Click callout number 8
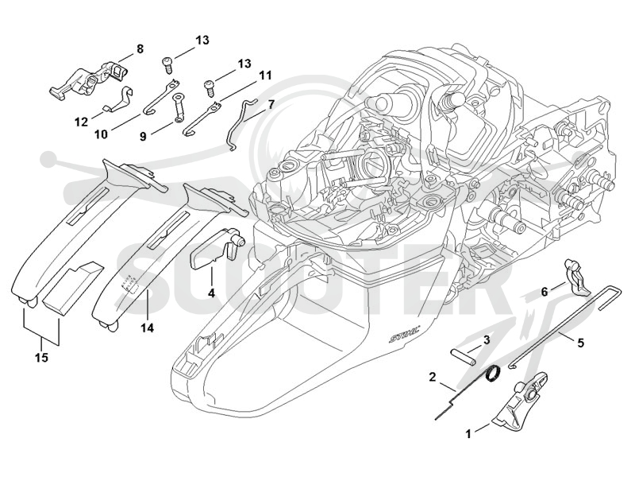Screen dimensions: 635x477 tap(140, 49)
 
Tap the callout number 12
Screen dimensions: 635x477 tap(82, 122)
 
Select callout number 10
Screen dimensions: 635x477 tap(102, 134)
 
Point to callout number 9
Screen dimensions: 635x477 tap(143, 137)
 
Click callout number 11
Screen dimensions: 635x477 tap(265, 76)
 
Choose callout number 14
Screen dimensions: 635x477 tap(148, 328)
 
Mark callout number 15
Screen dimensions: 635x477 tap(42, 357)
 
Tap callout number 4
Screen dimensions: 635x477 tap(211, 293)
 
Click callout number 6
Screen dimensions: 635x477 tap(545, 291)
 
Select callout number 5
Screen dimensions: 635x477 tap(580, 343)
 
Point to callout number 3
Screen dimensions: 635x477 tap(487, 340)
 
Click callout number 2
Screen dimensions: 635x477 tap(433, 377)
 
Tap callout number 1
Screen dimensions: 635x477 tap(468, 434)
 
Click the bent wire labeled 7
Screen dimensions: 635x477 tap(241, 123)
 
